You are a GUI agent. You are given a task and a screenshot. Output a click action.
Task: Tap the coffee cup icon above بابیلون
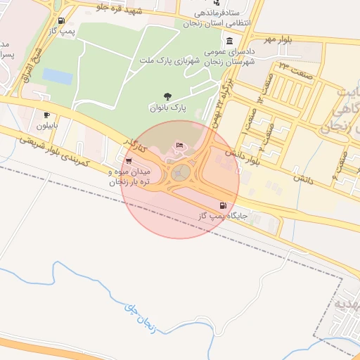click(x=46, y=115)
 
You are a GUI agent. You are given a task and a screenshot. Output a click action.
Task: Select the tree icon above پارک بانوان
click(x=166, y=96)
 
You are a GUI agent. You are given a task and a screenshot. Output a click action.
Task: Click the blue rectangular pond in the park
click(x=58, y=76)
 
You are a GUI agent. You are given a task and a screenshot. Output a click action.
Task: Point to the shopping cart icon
click(x=128, y=160)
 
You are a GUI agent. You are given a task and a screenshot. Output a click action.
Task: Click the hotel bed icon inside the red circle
click(x=180, y=145)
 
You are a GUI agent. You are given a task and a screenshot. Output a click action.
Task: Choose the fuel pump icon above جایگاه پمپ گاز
click(x=223, y=205)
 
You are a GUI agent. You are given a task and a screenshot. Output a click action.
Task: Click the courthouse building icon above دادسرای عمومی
click(x=229, y=41)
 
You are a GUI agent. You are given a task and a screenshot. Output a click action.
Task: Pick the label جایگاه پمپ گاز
click(x=222, y=217)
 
